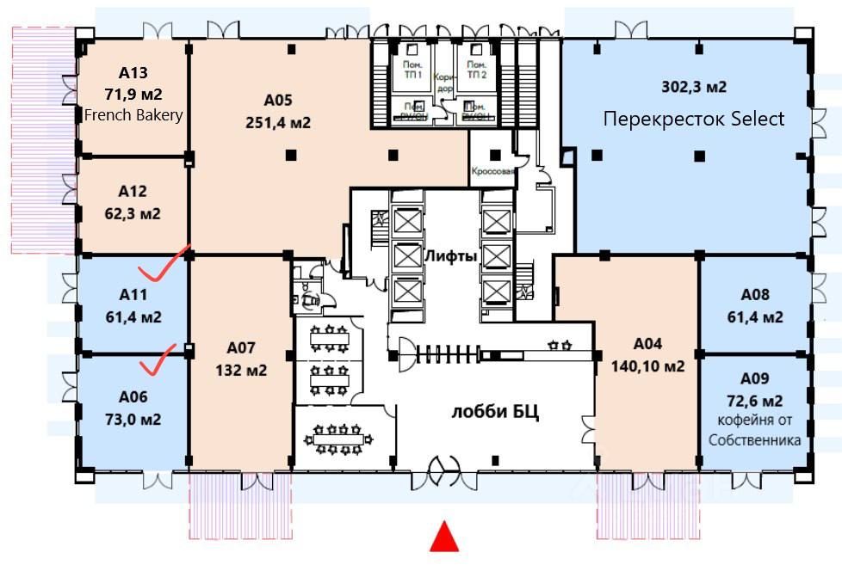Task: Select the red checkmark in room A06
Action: pos(158,361)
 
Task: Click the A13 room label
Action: pos(133,71)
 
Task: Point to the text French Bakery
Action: pos(133,114)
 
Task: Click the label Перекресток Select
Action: pos(694,118)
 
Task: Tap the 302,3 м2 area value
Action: pos(694,87)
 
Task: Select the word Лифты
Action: pos(450,255)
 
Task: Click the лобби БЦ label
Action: pos(494,411)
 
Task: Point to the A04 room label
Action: pos(647,344)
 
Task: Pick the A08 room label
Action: pos(754,295)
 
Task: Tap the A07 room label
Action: pos(242,348)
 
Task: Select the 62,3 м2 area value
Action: pos(139,213)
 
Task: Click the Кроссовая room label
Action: pos(493,171)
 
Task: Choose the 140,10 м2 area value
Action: pos(647,366)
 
